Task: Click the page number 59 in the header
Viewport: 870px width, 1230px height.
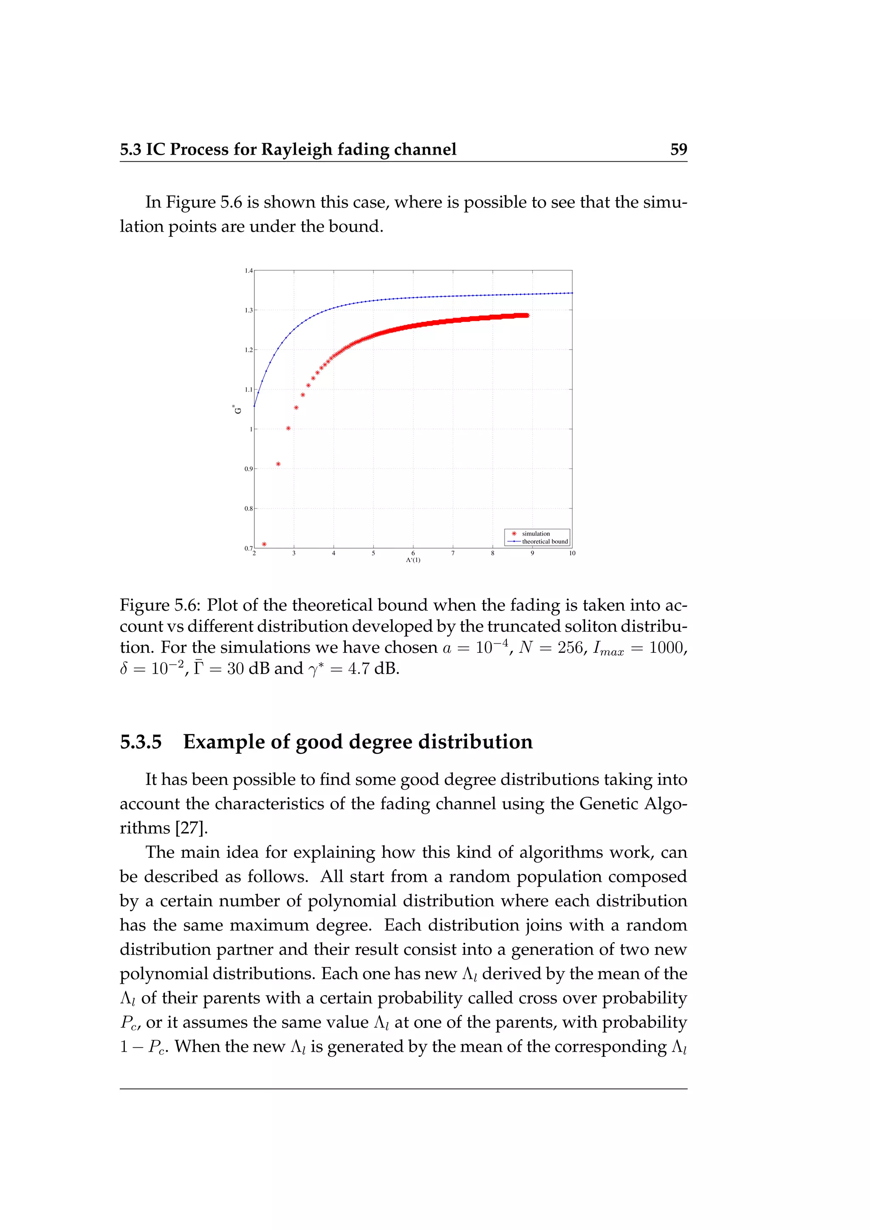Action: pos(678,149)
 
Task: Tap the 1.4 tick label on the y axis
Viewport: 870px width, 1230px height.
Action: pos(249,271)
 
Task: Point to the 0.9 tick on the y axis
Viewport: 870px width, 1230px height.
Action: pos(249,469)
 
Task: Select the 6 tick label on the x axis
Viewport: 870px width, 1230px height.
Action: pos(413,553)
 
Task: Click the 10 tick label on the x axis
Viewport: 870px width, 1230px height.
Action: pos(572,553)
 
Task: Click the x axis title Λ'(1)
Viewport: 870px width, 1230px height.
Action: pos(413,560)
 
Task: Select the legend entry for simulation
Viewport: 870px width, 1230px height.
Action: pos(536,533)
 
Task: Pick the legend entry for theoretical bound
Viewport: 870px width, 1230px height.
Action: pos(544,542)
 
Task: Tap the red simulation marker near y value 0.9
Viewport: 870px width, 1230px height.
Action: pos(278,464)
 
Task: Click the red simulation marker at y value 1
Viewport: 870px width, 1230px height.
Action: pos(288,428)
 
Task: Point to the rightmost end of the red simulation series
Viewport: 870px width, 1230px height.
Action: pos(528,316)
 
